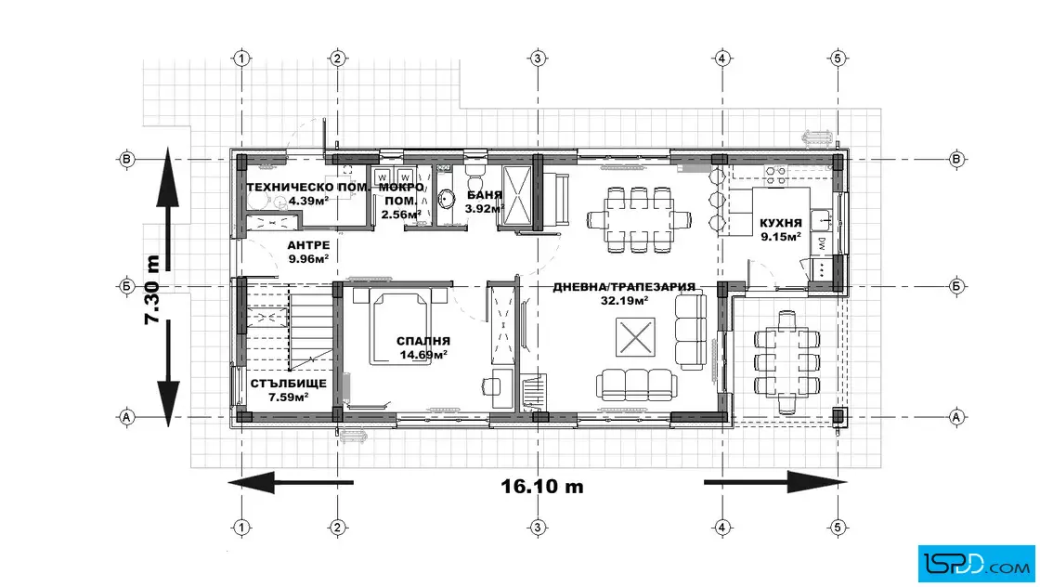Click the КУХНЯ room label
[781, 224]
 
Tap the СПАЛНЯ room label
[423, 341]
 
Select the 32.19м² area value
[623, 300]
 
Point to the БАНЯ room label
[484, 195]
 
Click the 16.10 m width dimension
[542, 486]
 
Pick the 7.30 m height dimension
[152, 289]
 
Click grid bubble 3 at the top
[538, 59]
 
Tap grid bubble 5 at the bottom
[837, 528]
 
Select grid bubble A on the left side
[126, 417]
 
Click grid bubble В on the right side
[956, 159]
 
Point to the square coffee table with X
[635, 337]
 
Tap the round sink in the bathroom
[446, 198]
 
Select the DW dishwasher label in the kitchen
[821, 243]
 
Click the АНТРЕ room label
[308, 245]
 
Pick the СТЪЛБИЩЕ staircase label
[288, 384]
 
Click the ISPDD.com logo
[976, 564]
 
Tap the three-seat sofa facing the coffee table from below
[636, 385]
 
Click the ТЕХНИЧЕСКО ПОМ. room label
[308, 187]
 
